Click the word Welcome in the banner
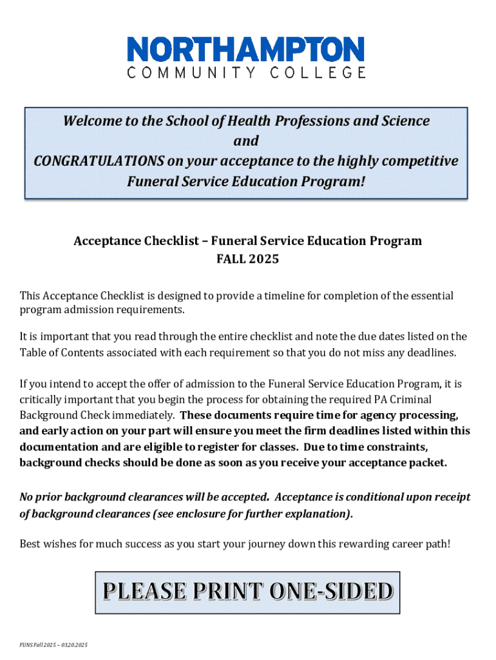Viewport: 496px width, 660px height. pos(90,121)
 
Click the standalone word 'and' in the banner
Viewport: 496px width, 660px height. pos(246,141)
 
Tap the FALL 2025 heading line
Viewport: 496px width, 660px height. pos(247,260)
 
